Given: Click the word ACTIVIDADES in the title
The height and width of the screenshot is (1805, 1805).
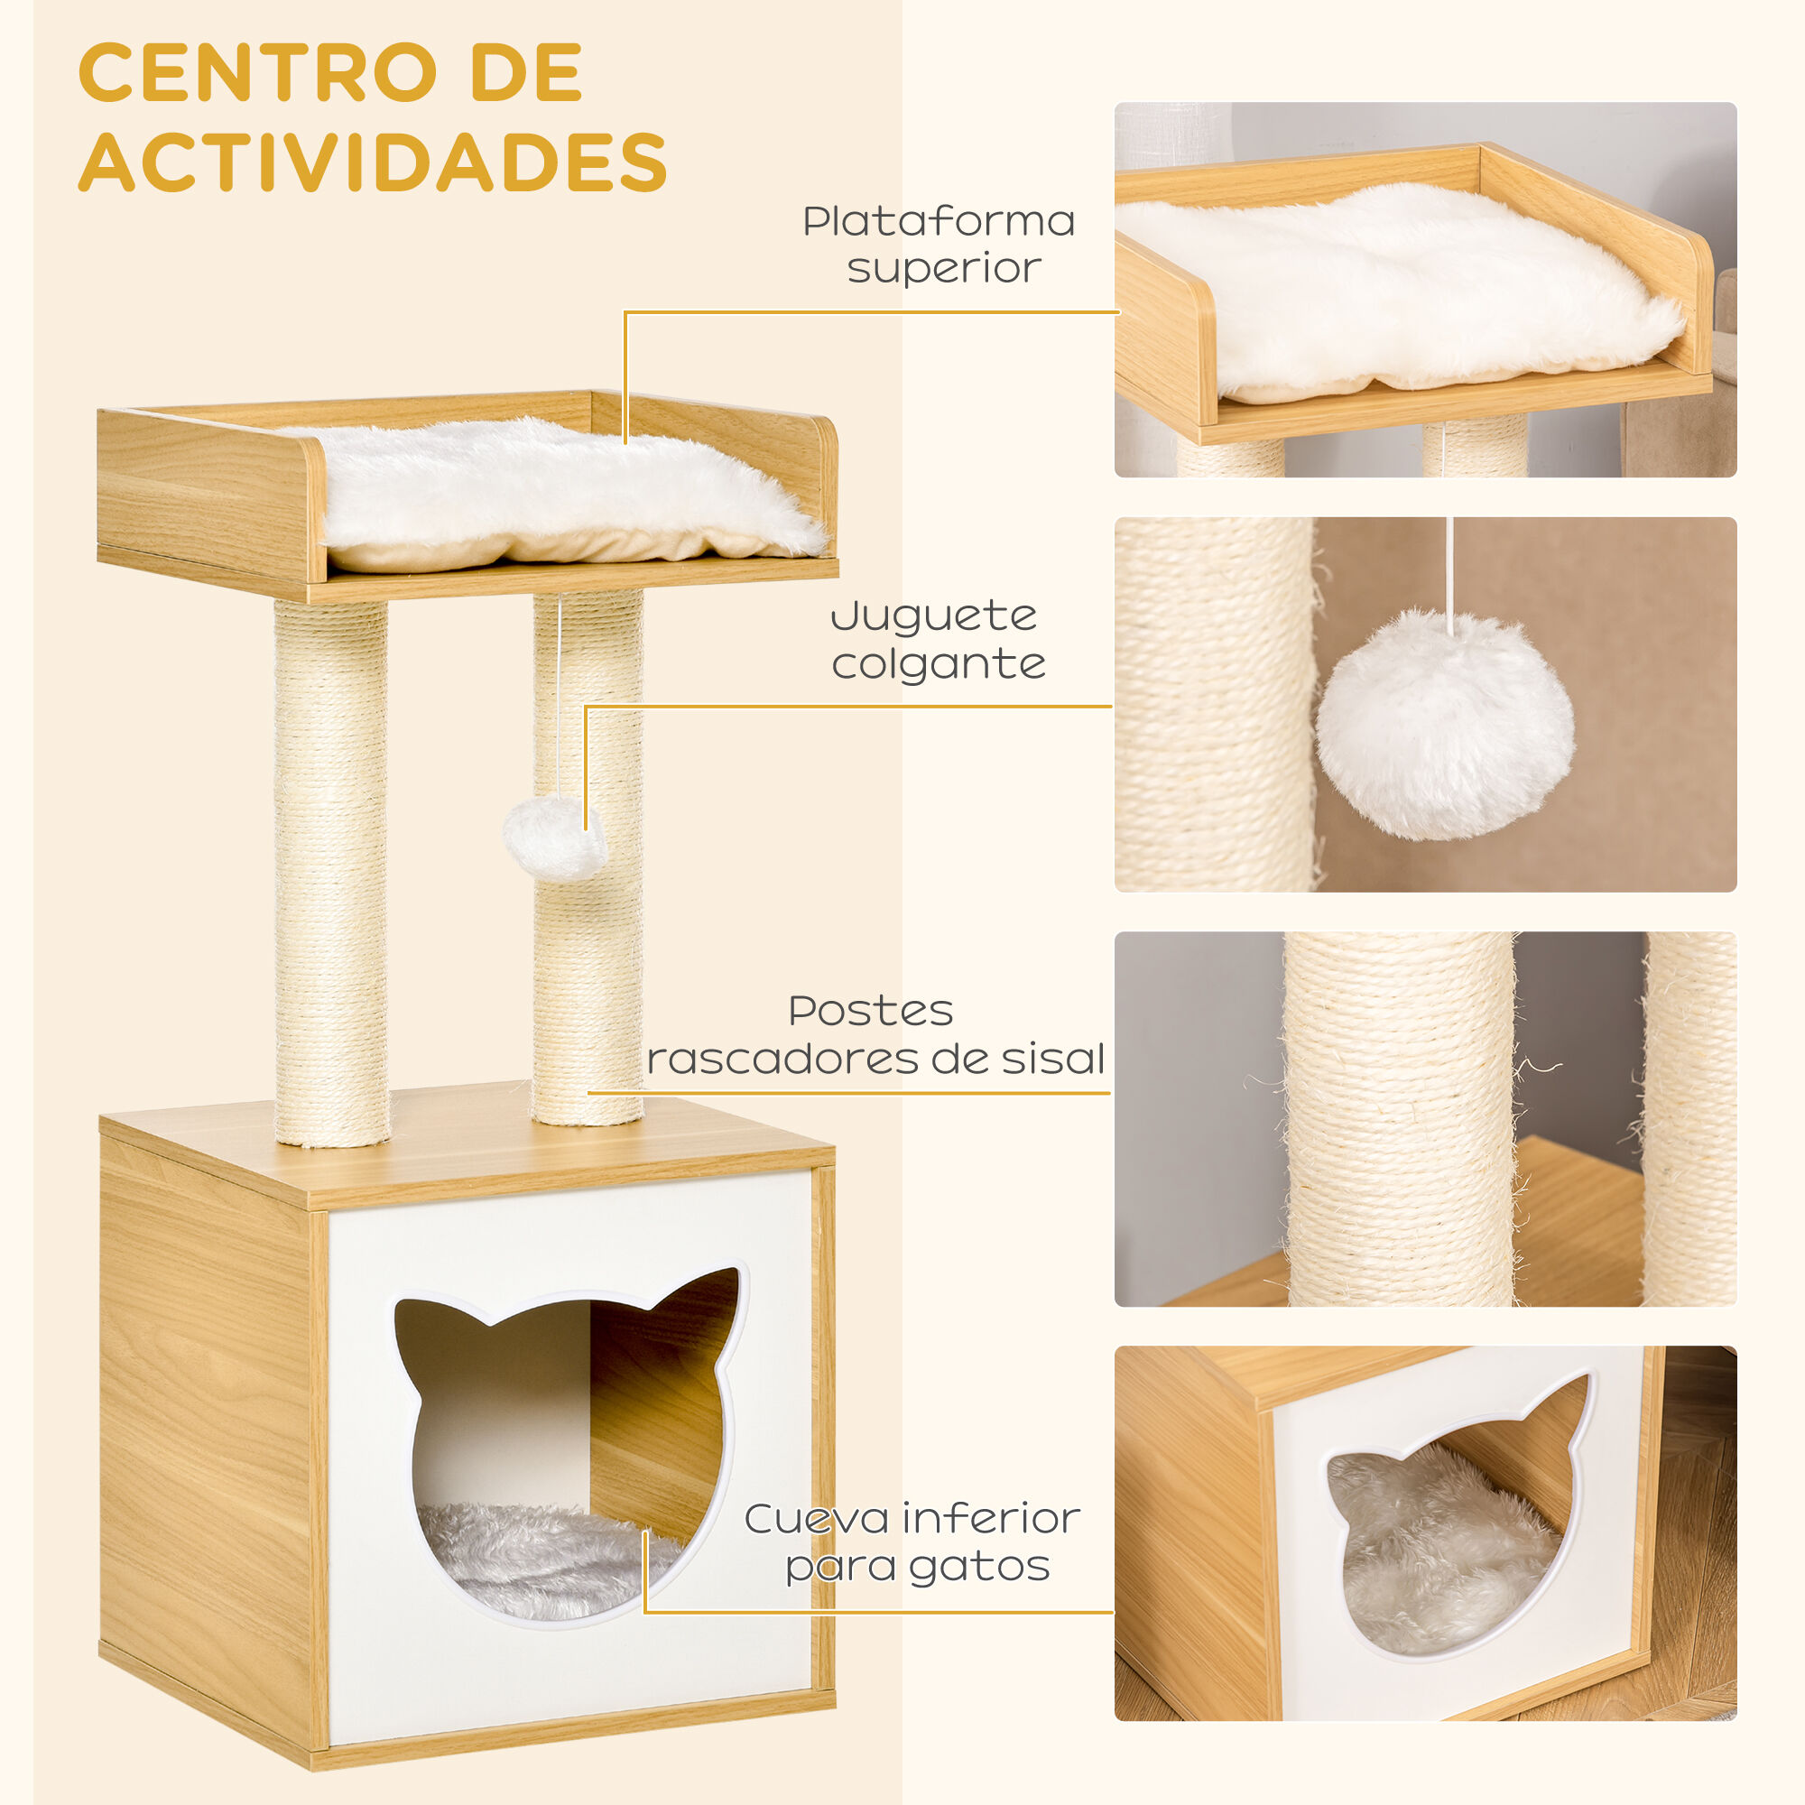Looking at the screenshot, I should coord(372,162).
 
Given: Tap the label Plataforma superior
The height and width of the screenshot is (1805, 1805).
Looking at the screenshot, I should coord(939,244).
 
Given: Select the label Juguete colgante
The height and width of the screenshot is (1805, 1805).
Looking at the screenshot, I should coord(937,640).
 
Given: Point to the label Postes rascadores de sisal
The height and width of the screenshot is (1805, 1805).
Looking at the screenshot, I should coord(875,1035).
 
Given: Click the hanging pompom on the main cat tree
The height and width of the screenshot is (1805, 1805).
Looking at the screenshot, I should coord(553,837).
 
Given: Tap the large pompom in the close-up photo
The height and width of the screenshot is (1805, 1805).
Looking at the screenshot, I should coord(1444,725).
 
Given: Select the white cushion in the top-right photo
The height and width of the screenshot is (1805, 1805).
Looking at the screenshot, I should coord(1402,290).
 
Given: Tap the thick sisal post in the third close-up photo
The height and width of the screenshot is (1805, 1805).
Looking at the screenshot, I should coord(1399,1121).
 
